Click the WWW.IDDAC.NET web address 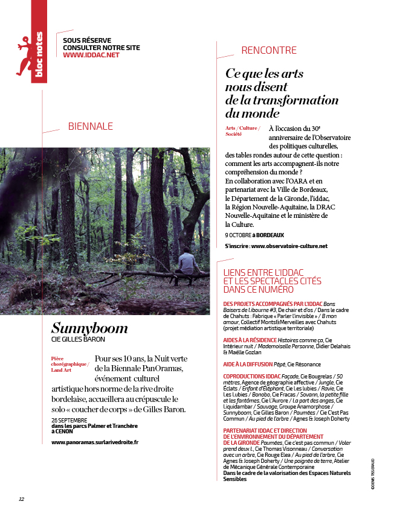[x=91, y=55]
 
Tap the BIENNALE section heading [x=91, y=127]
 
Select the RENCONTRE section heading [x=269, y=51]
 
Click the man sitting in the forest [x=187, y=264]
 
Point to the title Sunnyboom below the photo [x=89, y=328]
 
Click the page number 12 [x=21, y=499]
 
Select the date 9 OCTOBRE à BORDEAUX [x=254, y=235]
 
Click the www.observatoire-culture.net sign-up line [x=276, y=246]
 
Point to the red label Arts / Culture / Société [x=243, y=131]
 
